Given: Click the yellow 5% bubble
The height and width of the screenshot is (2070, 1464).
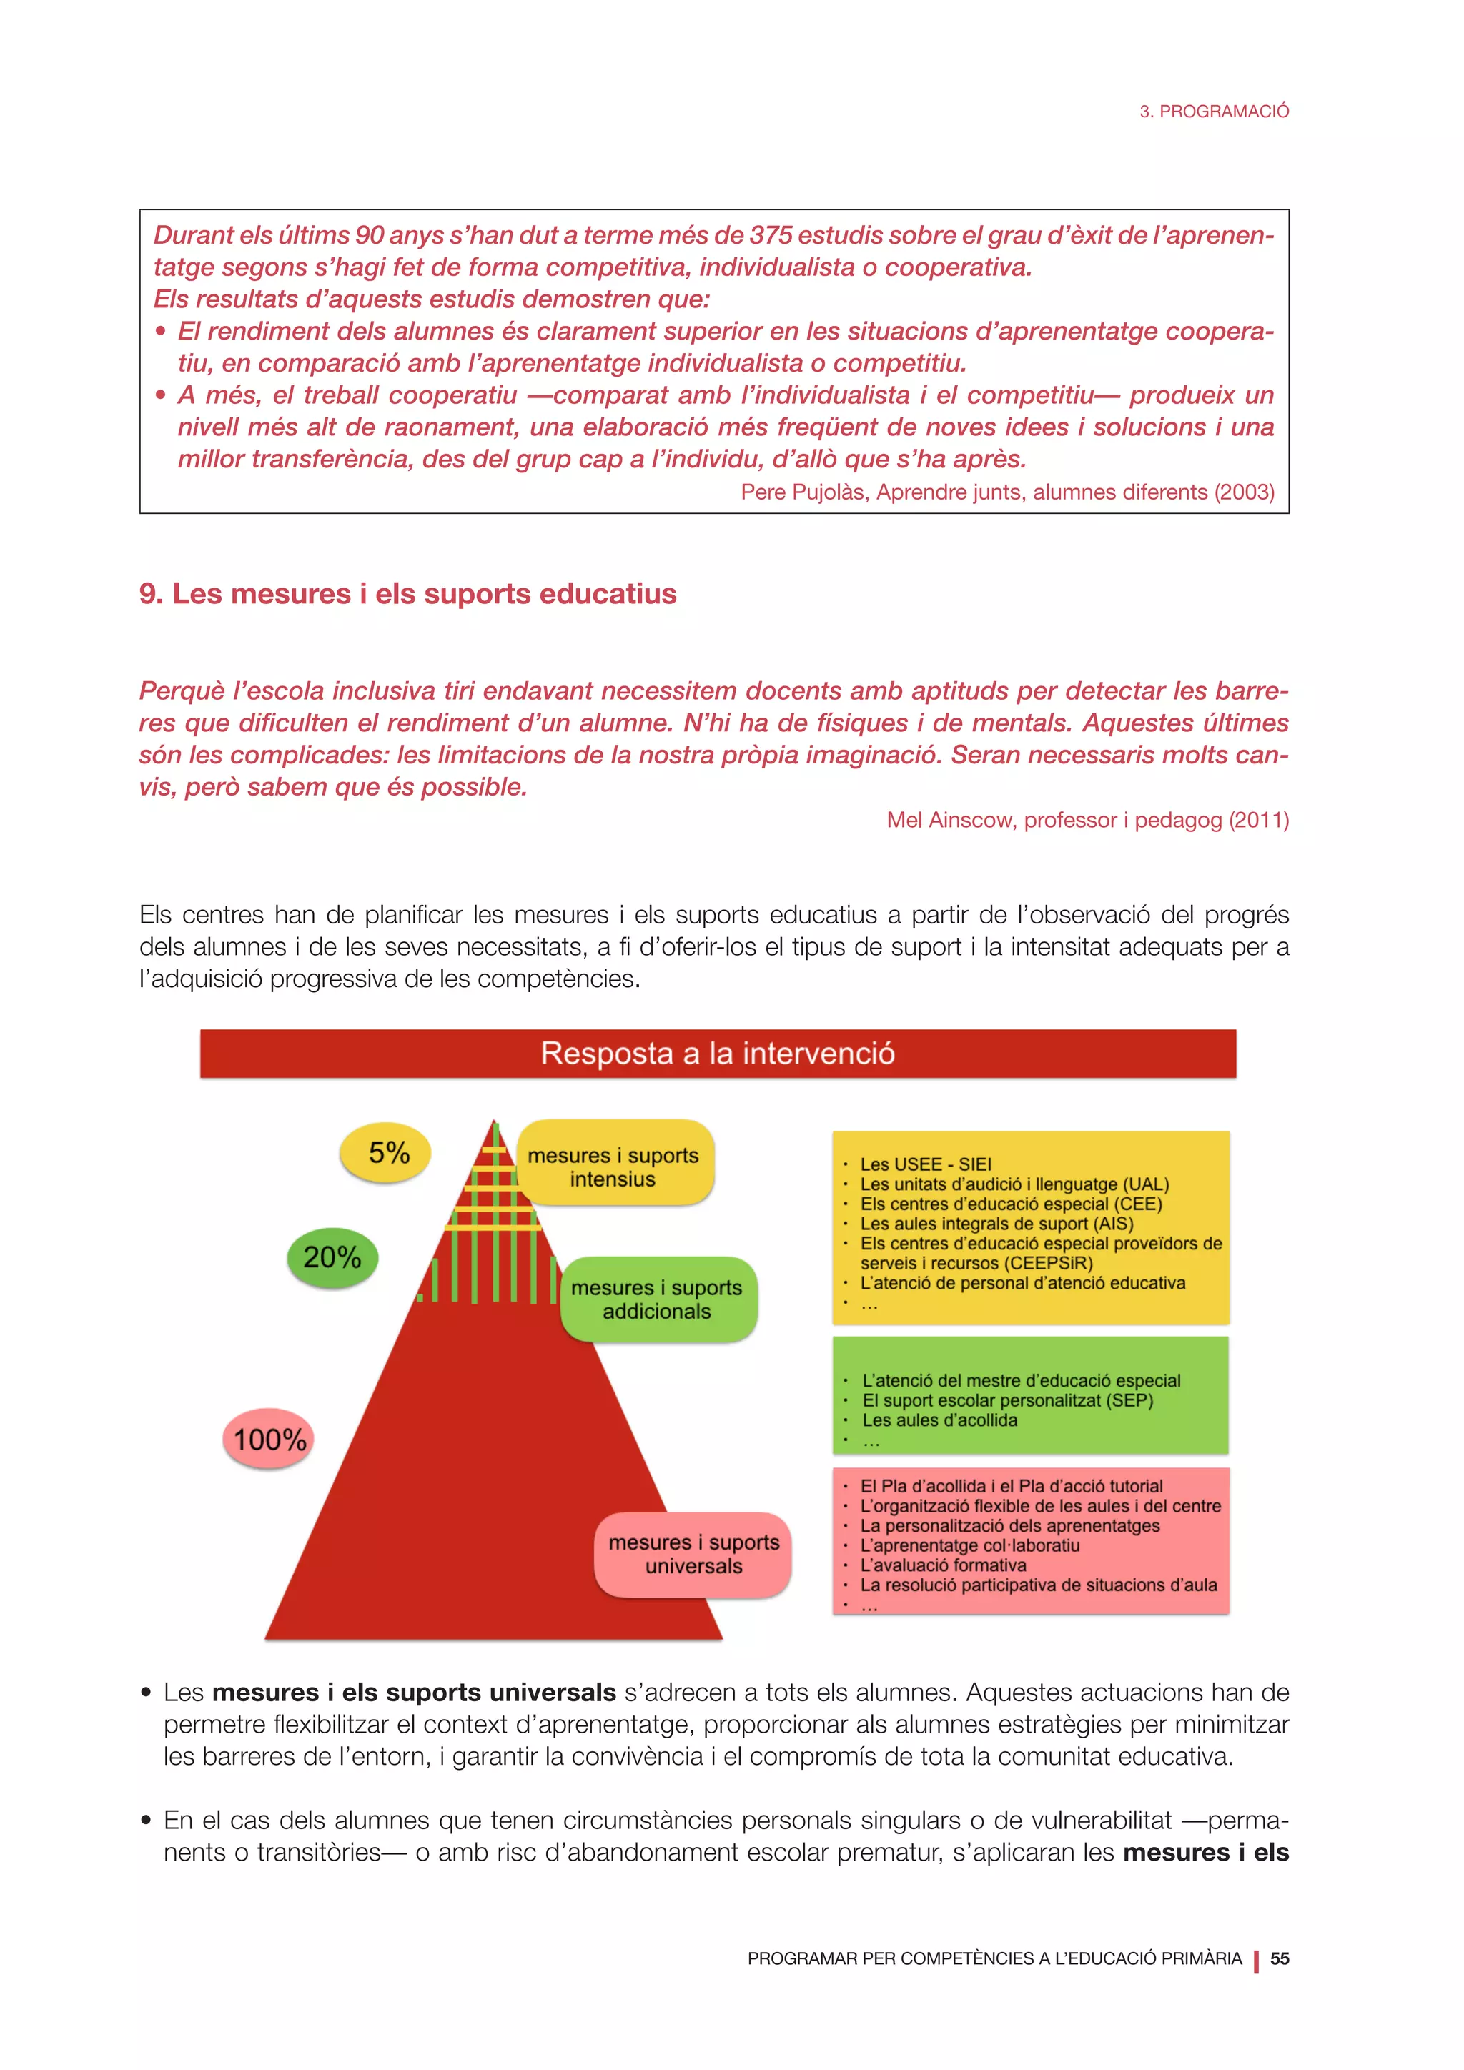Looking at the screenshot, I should coord(386,1153).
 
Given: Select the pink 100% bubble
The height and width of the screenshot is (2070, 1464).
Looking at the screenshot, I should coord(269,1439).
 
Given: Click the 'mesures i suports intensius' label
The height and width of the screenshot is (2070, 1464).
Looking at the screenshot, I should coord(614,1167).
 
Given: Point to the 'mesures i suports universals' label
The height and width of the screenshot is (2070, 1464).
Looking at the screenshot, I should coord(693,1555).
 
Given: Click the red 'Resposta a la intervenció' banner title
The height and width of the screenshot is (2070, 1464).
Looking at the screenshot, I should coord(718,1053).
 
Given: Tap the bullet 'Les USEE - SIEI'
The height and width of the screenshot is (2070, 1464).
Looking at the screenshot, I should coord(925,1164).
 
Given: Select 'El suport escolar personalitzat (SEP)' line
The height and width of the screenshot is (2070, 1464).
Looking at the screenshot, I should coord(1007,1400).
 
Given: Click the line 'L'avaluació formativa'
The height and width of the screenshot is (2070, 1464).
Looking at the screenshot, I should coord(942,1565).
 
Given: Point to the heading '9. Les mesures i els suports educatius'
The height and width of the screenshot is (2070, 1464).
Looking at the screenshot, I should coord(407,594).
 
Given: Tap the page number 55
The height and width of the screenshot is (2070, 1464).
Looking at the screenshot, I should coord(1279,1958).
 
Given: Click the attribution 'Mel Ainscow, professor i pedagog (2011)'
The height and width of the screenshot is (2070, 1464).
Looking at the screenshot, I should coord(1087,820).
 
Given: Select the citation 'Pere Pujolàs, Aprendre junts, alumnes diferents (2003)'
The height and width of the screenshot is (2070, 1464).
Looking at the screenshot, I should coord(1007,492).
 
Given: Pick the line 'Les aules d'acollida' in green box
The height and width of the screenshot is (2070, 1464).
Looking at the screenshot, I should coord(939,1420).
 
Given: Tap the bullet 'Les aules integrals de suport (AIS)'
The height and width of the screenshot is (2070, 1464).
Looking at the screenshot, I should coord(996,1224).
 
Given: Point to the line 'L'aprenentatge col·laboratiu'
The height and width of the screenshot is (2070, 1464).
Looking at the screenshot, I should coord(969,1545).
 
